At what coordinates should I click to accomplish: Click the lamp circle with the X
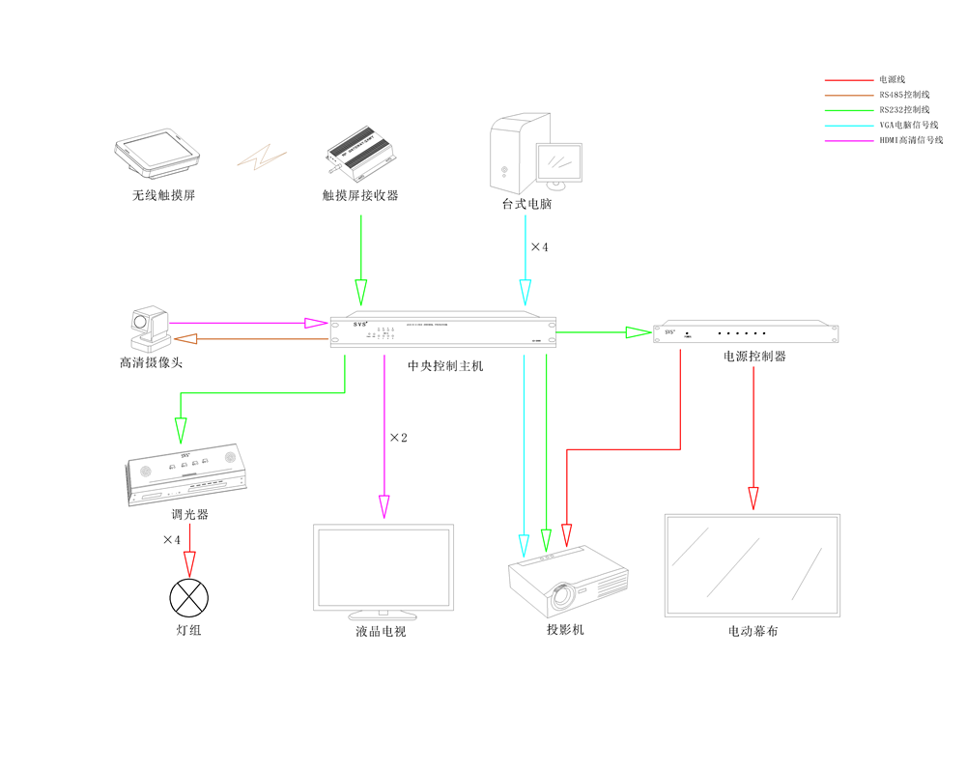(189, 596)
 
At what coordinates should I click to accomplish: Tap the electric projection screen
(753, 565)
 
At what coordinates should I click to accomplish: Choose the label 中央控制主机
(445, 366)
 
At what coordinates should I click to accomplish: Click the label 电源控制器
(754, 356)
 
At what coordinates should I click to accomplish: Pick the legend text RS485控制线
(904, 95)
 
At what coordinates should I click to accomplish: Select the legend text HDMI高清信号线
(910, 141)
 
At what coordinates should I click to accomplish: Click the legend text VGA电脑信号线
(908, 126)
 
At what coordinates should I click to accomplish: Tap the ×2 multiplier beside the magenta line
(398, 438)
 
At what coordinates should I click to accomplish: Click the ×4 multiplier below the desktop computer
(539, 247)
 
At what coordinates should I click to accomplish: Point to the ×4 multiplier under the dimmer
(171, 539)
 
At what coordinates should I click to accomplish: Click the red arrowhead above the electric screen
(753, 498)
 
